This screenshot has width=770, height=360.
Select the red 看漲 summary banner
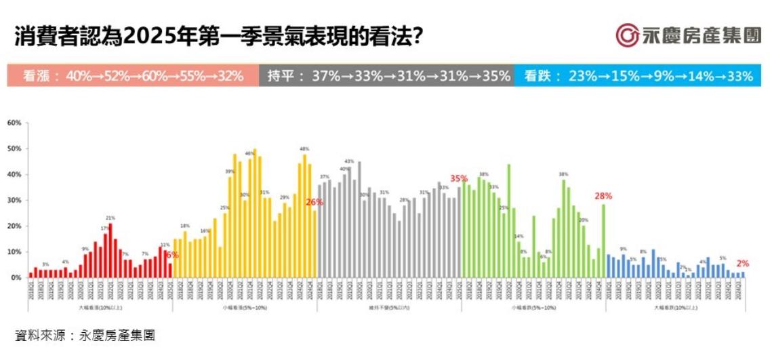(133, 76)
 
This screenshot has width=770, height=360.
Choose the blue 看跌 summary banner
(642, 76)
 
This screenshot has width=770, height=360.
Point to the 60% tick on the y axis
(14, 123)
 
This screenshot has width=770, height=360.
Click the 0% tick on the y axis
(16, 277)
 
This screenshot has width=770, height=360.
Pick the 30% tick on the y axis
(14, 200)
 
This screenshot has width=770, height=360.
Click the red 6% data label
(172, 256)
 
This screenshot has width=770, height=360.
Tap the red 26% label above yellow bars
(314, 202)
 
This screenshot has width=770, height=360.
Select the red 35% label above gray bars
(459, 179)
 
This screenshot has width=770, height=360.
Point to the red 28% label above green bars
(603, 196)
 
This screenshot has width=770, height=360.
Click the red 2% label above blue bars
(743, 263)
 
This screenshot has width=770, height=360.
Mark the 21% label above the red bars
(110, 218)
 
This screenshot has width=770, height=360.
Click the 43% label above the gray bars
(349, 161)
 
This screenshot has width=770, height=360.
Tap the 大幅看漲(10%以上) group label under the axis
(100, 308)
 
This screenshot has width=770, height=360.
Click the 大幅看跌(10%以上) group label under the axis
(676, 308)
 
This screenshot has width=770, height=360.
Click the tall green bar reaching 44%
(508, 221)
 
